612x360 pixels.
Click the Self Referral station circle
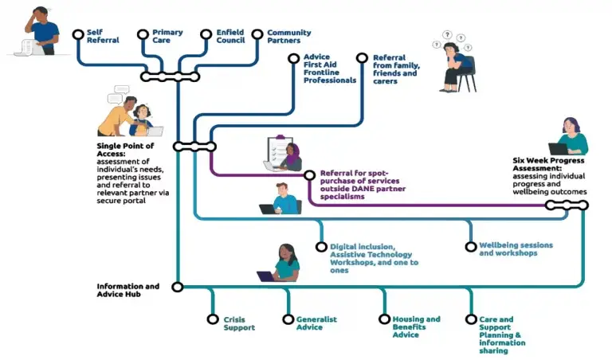click(x=77, y=34)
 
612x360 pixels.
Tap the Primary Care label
click(x=167, y=37)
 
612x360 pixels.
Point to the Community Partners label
click(x=288, y=37)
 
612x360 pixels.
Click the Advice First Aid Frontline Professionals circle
click(x=294, y=58)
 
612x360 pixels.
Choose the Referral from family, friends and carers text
click(x=395, y=69)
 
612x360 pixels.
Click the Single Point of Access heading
click(x=125, y=151)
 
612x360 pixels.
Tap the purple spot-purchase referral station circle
click(x=309, y=174)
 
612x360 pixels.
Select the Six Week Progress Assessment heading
click(x=549, y=164)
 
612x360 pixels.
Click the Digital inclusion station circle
click(x=321, y=247)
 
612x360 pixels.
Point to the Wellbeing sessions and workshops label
click(x=515, y=249)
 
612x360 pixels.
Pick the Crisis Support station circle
click(x=213, y=319)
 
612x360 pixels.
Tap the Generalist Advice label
click(x=316, y=323)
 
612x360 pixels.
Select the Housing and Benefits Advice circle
click(x=383, y=319)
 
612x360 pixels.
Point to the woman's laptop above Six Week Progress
click(x=558, y=148)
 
